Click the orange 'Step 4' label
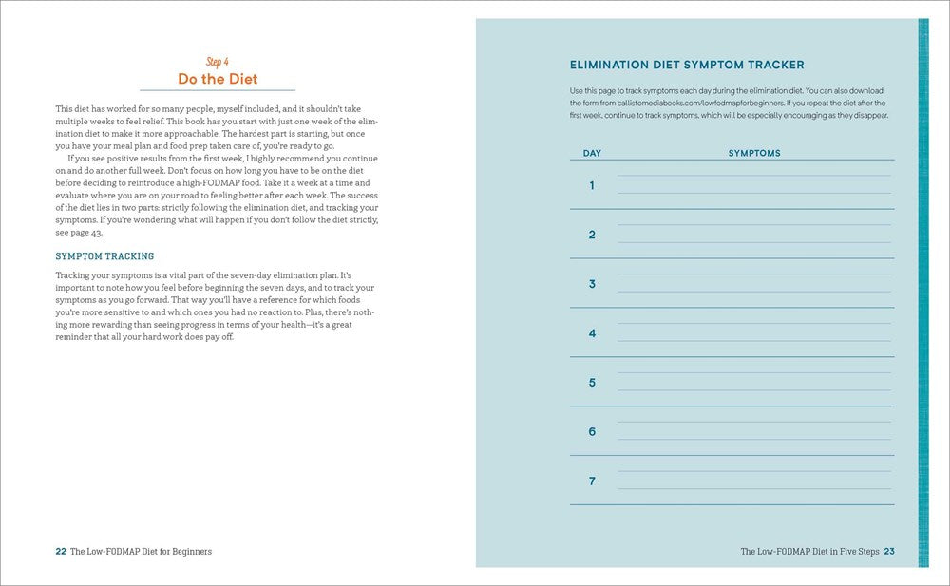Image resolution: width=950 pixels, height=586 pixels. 218,62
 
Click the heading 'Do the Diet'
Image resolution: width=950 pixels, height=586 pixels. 218,79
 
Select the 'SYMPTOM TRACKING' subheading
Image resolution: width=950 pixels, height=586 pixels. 104,256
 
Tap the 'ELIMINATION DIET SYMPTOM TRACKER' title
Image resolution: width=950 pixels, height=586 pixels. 687,66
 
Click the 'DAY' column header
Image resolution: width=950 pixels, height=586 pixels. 592,153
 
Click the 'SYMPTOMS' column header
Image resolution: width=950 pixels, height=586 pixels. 754,153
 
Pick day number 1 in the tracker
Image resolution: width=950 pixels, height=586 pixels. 592,185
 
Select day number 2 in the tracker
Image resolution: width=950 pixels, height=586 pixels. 592,235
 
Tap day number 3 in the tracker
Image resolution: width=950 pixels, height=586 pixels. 592,284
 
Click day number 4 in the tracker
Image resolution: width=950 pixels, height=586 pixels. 592,333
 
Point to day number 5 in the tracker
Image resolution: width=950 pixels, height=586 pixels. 592,383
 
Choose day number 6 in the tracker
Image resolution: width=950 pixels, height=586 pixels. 592,432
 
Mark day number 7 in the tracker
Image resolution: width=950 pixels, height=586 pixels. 592,482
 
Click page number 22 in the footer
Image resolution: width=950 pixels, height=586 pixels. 61,551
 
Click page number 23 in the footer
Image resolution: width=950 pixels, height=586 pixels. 889,551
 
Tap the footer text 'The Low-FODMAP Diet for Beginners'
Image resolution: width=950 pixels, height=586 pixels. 141,551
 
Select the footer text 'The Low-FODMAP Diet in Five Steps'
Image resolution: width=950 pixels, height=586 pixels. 809,551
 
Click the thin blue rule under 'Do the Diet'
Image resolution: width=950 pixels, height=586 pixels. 218,90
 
